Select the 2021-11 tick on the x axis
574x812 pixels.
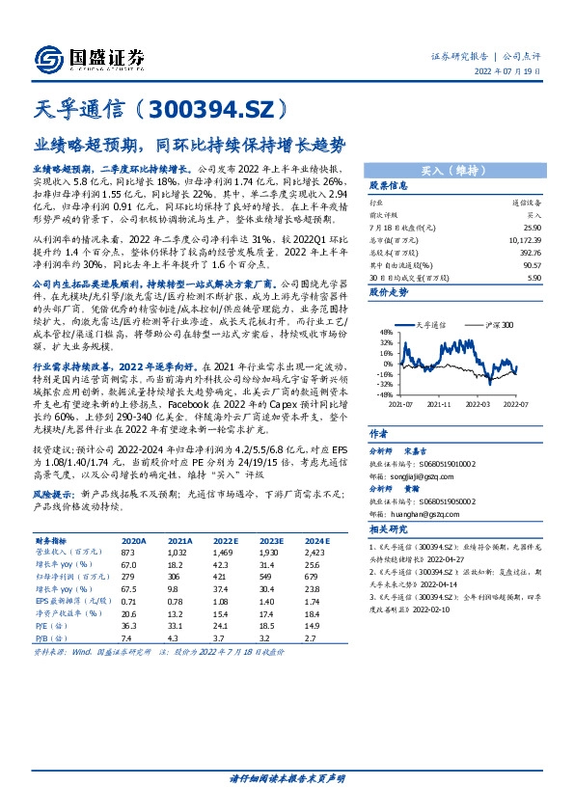click(441, 406)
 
